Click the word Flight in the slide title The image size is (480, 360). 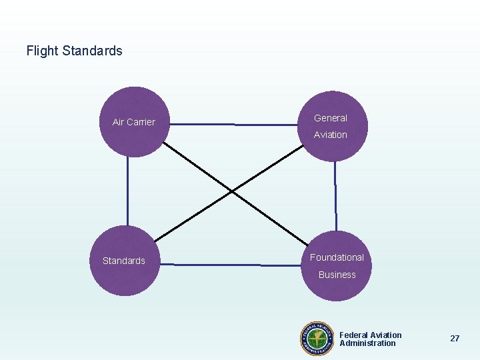42,51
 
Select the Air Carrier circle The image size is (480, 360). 134,122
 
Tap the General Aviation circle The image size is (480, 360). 333,126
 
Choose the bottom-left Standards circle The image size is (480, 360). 124,261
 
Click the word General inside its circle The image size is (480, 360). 331,118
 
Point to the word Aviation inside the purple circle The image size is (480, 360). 331,135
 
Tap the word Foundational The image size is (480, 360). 337,257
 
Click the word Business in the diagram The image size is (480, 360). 337,275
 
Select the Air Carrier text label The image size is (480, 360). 133,122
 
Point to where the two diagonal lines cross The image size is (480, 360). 231,192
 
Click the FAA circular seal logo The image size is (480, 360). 318,339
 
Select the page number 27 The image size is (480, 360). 455,339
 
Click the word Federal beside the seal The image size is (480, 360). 354,335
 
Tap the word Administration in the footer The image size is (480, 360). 367,343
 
